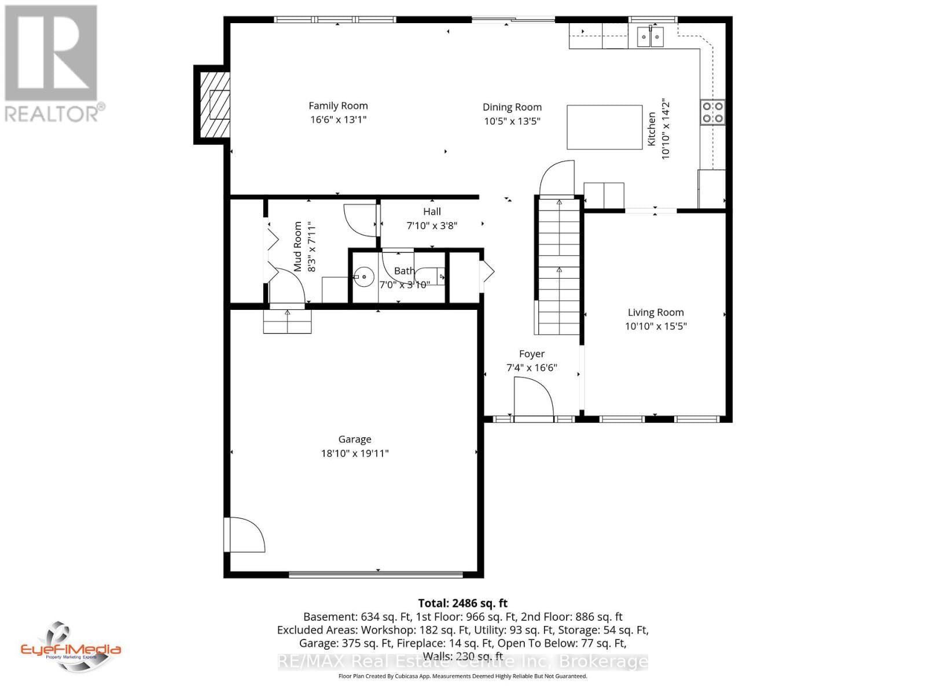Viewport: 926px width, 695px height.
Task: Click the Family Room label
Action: click(338, 106)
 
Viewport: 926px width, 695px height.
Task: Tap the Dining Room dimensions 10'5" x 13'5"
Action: click(512, 121)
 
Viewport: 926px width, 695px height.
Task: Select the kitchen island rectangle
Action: click(604, 127)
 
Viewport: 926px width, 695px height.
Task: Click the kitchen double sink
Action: click(651, 37)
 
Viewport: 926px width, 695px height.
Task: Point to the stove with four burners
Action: click(712, 112)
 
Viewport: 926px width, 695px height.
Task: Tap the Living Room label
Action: click(655, 313)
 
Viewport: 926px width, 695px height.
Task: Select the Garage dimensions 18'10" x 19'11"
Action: click(355, 453)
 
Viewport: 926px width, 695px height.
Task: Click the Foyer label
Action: click(531, 354)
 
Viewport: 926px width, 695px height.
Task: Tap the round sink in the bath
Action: click(364, 277)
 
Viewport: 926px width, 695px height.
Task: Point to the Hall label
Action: click(432, 212)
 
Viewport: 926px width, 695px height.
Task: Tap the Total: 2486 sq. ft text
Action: click(462, 603)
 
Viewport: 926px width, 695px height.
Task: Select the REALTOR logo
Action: click(54, 64)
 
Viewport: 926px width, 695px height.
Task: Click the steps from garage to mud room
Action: click(288, 321)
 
